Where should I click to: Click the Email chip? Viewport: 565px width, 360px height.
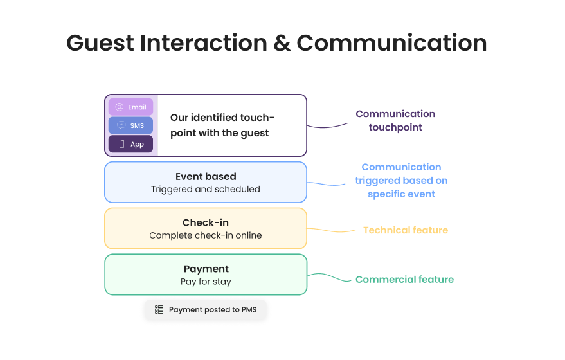click(x=130, y=107)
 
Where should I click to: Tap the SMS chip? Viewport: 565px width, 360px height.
click(x=130, y=125)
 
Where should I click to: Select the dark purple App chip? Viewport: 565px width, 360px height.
click(x=130, y=144)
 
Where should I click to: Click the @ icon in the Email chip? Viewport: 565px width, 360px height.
click(x=120, y=107)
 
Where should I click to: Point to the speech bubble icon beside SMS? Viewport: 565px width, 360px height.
click(x=121, y=125)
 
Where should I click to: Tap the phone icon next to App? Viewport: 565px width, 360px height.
click(x=121, y=144)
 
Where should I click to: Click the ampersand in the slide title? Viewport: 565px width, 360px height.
click(x=282, y=43)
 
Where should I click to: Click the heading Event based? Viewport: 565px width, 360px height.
click(x=206, y=176)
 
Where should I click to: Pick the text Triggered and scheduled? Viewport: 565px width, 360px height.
click(x=206, y=189)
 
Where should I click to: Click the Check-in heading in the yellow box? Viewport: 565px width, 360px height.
click(x=206, y=222)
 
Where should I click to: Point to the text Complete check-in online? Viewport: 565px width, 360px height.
click(x=206, y=235)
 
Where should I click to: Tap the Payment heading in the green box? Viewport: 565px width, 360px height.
click(x=206, y=269)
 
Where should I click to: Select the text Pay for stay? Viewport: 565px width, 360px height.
click(x=206, y=282)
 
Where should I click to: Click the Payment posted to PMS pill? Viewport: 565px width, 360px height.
click(x=205, y=310)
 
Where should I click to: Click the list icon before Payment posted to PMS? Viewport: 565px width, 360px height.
click(x=159, y=310)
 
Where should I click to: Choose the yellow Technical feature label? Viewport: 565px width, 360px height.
click(x=405, y=230)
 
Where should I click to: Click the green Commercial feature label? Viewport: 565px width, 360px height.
click(x=404, y=280)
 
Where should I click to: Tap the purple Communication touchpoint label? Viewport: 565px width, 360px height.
click(x=395, y=120)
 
